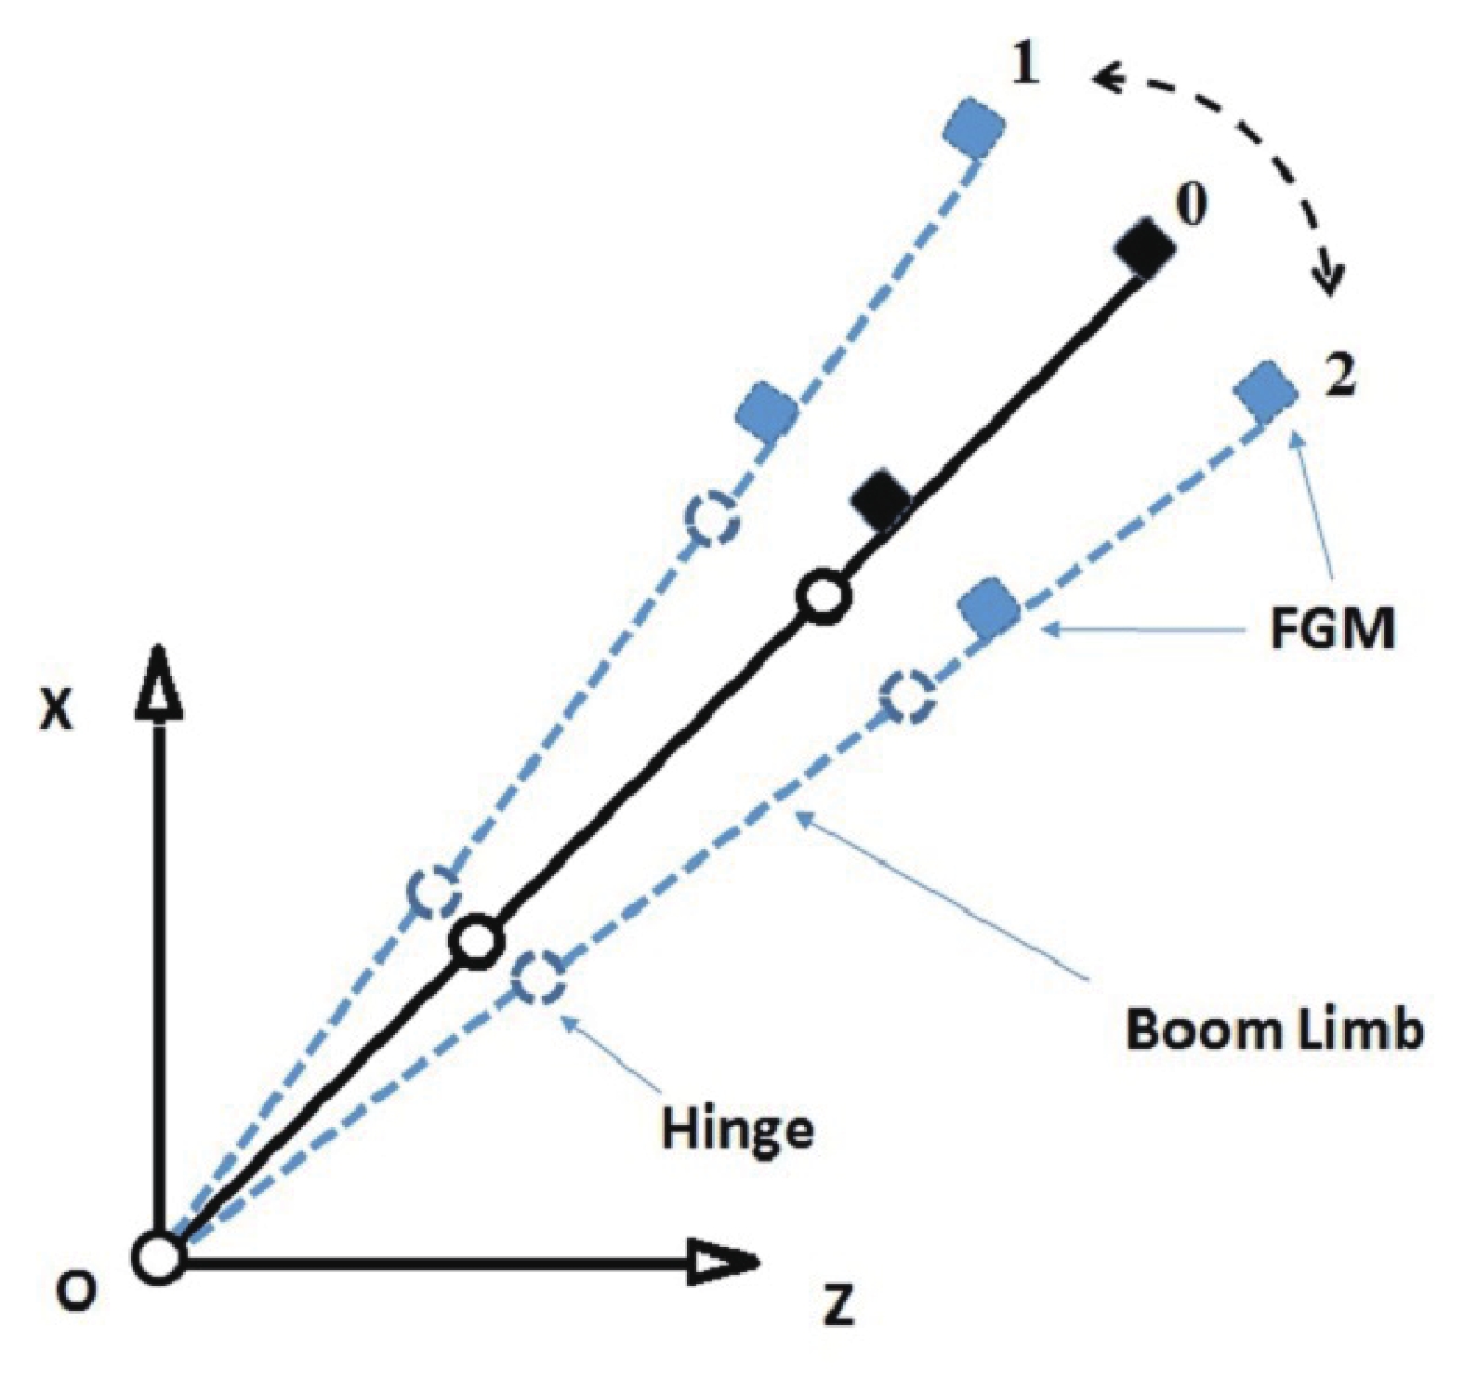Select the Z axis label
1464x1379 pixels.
[x=838, y=1306]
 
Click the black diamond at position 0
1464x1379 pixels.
[x=1145, y=248]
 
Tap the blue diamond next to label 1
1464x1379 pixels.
[x=973, y=126]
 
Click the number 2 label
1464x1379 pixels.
[x=1339, y=376]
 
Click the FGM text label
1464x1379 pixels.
[x=1332, y=630]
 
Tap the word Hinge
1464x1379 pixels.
[x=737, y=1128]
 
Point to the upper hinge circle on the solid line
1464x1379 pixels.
[x=823, y=597]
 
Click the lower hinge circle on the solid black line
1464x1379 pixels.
[x=477, y=942]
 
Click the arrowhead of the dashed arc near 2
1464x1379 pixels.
[x=1330, y=278]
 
